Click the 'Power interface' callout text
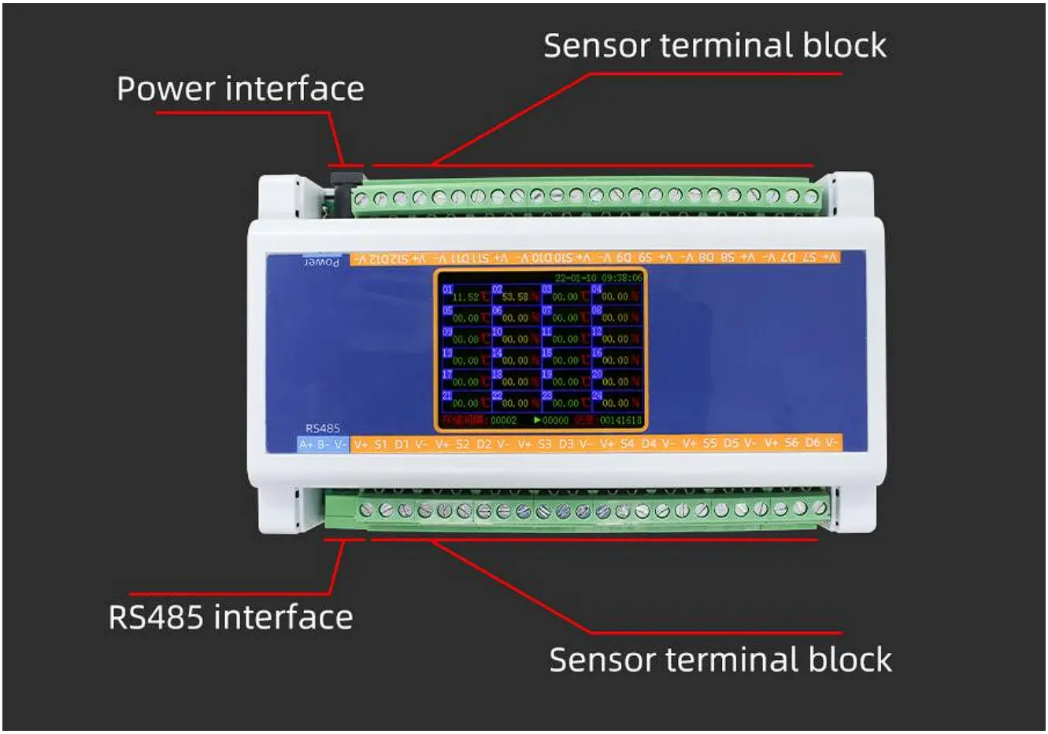[x=240, y=89]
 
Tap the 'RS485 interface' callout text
[x=230, y=617]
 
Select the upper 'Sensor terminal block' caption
[x=714, y=46]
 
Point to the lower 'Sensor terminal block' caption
[x=720, y=660]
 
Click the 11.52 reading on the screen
[x=465, y=297]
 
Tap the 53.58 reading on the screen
[x=515, y=297]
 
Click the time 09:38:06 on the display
[x=621, y=278]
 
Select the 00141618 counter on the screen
[x=620, y=421]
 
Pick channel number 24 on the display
[x=596, y=395]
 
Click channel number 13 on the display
[x=447, y=353]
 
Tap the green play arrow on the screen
[x=537, y=421]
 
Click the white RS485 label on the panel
[x=323, y=428]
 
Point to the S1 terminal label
[x=380, y=445]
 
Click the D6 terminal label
[x=812, y=443]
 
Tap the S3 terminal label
[x=545, y=444]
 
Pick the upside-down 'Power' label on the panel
[x=322, y=261]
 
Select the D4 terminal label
[x=648, y=443]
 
